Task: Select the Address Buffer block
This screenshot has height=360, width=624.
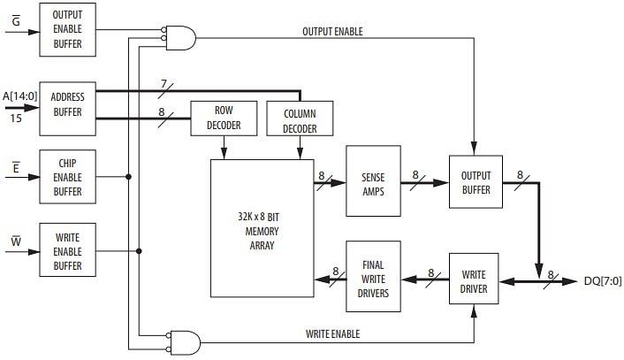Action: [66, 105]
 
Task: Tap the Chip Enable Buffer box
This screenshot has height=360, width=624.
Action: [66, 177]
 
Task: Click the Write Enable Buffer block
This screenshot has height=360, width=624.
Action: [66, 249]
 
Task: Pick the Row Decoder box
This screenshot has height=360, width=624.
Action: [223, 118]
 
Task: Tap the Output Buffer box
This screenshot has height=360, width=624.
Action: [475, 182]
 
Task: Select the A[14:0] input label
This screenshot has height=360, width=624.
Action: [19, 96]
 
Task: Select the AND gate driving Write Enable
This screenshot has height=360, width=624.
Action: [186, 341]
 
